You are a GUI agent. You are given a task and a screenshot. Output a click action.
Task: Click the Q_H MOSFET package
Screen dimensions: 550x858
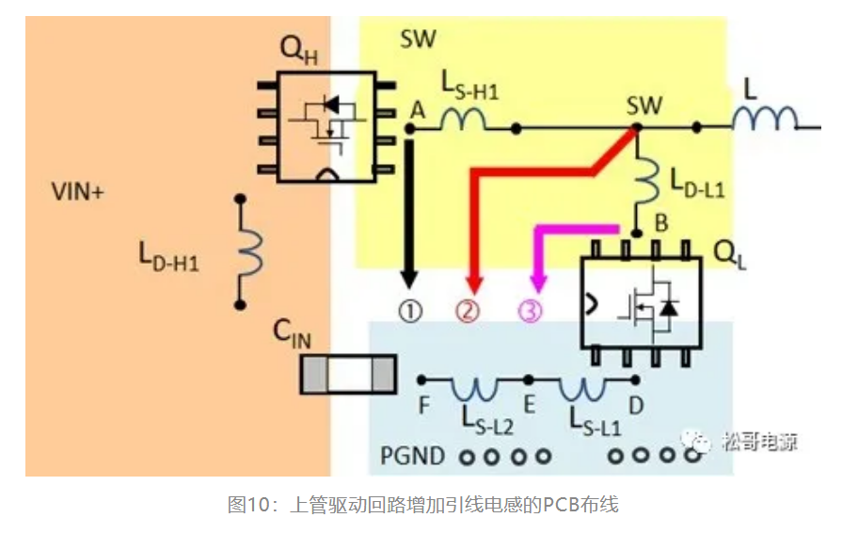(x=322, y=125)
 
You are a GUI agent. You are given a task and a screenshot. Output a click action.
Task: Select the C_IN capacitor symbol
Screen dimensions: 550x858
(x=346, y=374)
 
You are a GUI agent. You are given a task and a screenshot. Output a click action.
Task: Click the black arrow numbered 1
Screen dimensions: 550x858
(x=409, y=212)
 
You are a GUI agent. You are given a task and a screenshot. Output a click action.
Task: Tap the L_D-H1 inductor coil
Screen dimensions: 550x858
(x=250, y=251)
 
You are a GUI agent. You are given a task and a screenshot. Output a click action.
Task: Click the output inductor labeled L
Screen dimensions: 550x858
(x=763, y=120)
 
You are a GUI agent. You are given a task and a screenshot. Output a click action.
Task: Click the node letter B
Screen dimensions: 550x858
(x=661, y=225)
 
